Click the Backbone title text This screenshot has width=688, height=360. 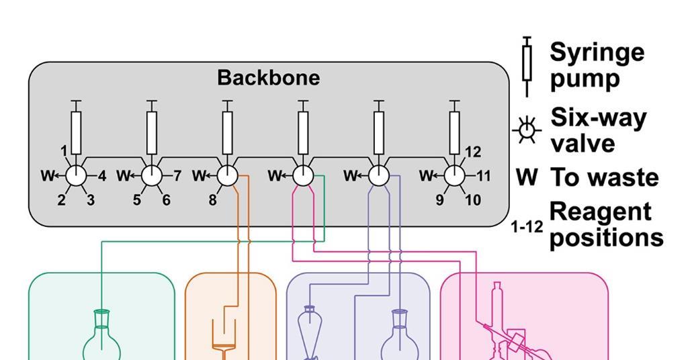268,78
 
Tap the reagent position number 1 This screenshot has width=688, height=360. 63,151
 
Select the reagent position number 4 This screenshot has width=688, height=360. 102,177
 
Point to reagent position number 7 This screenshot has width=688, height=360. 177,177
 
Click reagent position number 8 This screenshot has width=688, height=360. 212,200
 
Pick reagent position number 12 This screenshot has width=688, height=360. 473,152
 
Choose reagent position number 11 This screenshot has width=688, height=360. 484,177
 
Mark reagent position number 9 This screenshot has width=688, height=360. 440,200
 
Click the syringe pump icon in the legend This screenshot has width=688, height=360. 527,66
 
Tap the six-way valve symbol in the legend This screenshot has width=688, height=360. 527,130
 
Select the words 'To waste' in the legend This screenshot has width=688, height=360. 605,178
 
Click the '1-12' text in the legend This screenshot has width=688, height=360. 527,228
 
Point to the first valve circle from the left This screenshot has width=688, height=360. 76,177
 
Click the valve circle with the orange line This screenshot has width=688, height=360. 227,177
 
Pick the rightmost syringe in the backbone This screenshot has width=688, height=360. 455,132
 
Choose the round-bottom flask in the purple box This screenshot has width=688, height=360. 400,339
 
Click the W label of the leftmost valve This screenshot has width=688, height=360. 46,177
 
